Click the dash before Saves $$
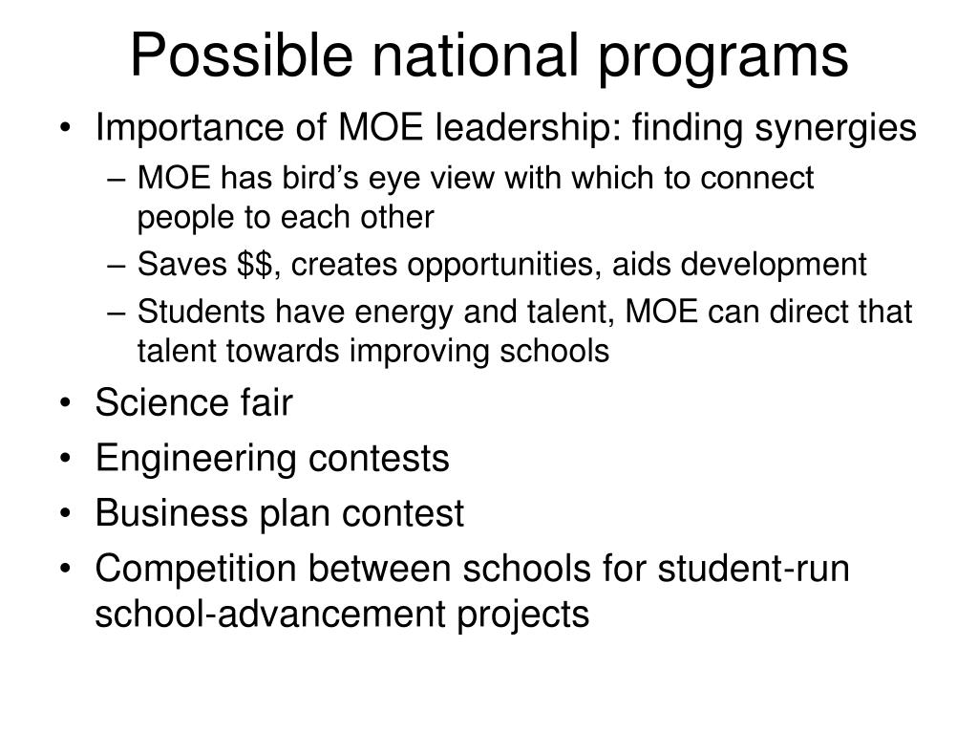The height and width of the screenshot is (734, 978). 124,266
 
